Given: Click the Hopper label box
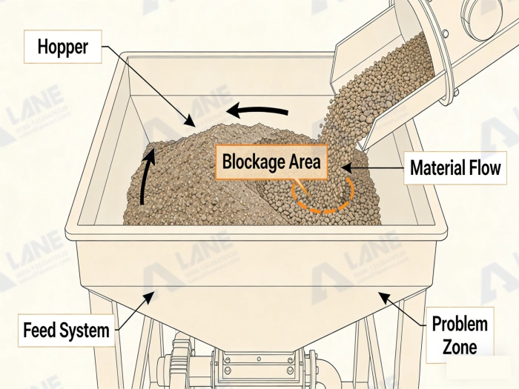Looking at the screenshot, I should click(x=64, y=47).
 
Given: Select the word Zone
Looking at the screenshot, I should click(x=460, y=345).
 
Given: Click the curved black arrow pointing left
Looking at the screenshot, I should click(x=257, y=112).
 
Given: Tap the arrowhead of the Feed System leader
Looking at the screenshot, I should click(x=153, y=295).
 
